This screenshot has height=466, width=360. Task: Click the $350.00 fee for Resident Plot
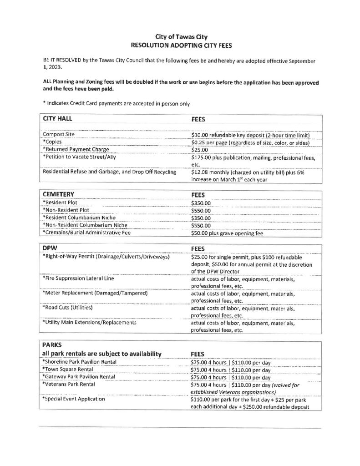point(201,202)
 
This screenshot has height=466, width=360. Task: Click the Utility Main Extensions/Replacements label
point(89,323)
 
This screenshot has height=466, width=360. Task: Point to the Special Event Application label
point(74,399)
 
